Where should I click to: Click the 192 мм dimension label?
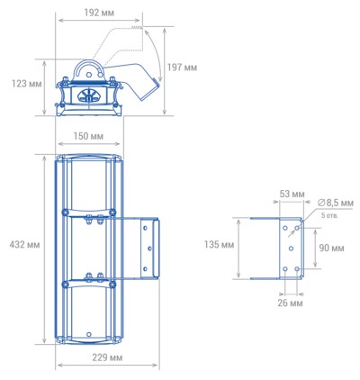(99, 13)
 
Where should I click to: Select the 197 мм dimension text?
(182, 68)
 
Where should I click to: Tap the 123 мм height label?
(26, 84)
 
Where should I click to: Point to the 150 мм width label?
(88, 136)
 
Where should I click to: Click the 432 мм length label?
(24, 245)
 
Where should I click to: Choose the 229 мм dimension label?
(107, 357)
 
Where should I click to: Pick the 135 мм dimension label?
(219, 245)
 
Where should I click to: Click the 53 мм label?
(292, 194)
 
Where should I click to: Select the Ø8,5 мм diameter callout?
(335, 204)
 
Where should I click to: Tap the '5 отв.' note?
(329, 215)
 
